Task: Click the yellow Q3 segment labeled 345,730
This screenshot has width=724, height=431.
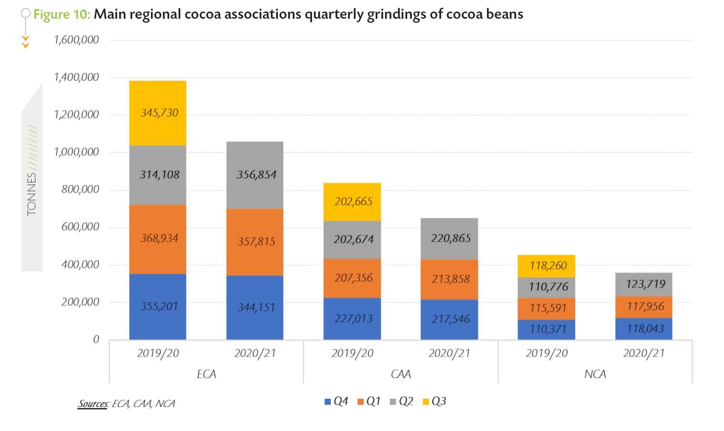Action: pos(158,113)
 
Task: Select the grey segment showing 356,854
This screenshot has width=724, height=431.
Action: pos(255,175)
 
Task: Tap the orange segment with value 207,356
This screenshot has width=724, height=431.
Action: pos(352,278)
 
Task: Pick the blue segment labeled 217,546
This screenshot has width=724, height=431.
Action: pos(449,320)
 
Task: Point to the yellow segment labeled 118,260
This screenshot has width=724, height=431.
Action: pos(547,266)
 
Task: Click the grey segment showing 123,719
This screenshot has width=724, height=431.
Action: pos(644,284)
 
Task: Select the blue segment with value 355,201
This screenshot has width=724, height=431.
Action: pos(158,307)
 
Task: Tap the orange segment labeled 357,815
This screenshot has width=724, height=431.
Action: pos(255,242)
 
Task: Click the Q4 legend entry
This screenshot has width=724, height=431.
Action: pos(337,401)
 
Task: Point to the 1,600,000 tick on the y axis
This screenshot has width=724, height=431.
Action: pos(76,40)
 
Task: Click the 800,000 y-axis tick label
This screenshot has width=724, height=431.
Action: pos(80,189)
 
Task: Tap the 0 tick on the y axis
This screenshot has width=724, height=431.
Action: pos(96,340)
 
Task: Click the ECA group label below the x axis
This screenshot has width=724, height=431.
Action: pos(207,374)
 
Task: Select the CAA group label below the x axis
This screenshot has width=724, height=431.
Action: pos(401,374)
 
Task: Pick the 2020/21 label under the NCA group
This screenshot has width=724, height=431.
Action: pos(644,354)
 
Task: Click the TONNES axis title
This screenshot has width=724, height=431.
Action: pos(32,194)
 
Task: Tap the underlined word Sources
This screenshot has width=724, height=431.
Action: pos(93,404)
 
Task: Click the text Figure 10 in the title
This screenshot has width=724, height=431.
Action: pos(62,14)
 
